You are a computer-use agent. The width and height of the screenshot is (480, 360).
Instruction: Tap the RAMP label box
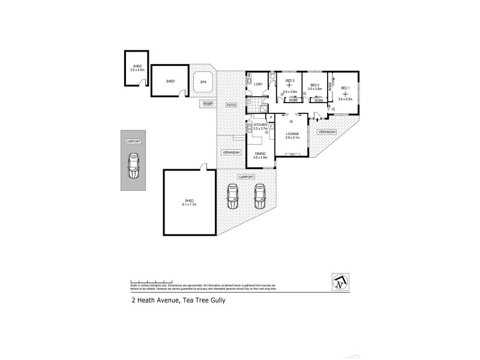click(x=208, y=104)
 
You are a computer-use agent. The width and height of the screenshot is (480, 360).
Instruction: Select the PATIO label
click(x=230, y=105)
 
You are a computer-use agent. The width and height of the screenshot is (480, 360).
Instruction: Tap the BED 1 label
click(x=345, y=88)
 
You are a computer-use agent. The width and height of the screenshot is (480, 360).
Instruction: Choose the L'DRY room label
click(x=259, y=83)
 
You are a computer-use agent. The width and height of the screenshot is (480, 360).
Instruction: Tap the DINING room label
click(x=260, y=154)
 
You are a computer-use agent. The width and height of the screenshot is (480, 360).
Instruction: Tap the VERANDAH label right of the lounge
click(x=327, y=131)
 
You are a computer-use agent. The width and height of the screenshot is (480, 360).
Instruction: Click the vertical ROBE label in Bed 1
click(x=330, y=86)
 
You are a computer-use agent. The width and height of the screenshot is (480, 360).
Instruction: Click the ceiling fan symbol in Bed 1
click(x=345, y=94)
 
